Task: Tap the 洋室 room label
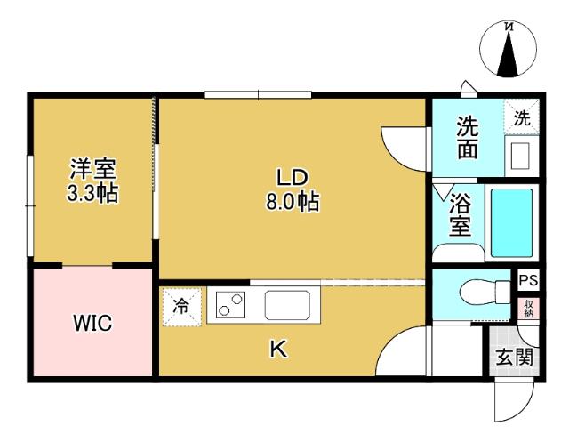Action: pos(94,169)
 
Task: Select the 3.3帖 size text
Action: pos(94,193)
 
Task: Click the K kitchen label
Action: pos(277,350)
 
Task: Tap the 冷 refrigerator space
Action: pos(181,307)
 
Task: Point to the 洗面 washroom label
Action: pos(468,138)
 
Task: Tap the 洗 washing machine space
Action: pos(522,117)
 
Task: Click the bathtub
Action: pos(512,222)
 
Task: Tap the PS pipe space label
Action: pos(529,280)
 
